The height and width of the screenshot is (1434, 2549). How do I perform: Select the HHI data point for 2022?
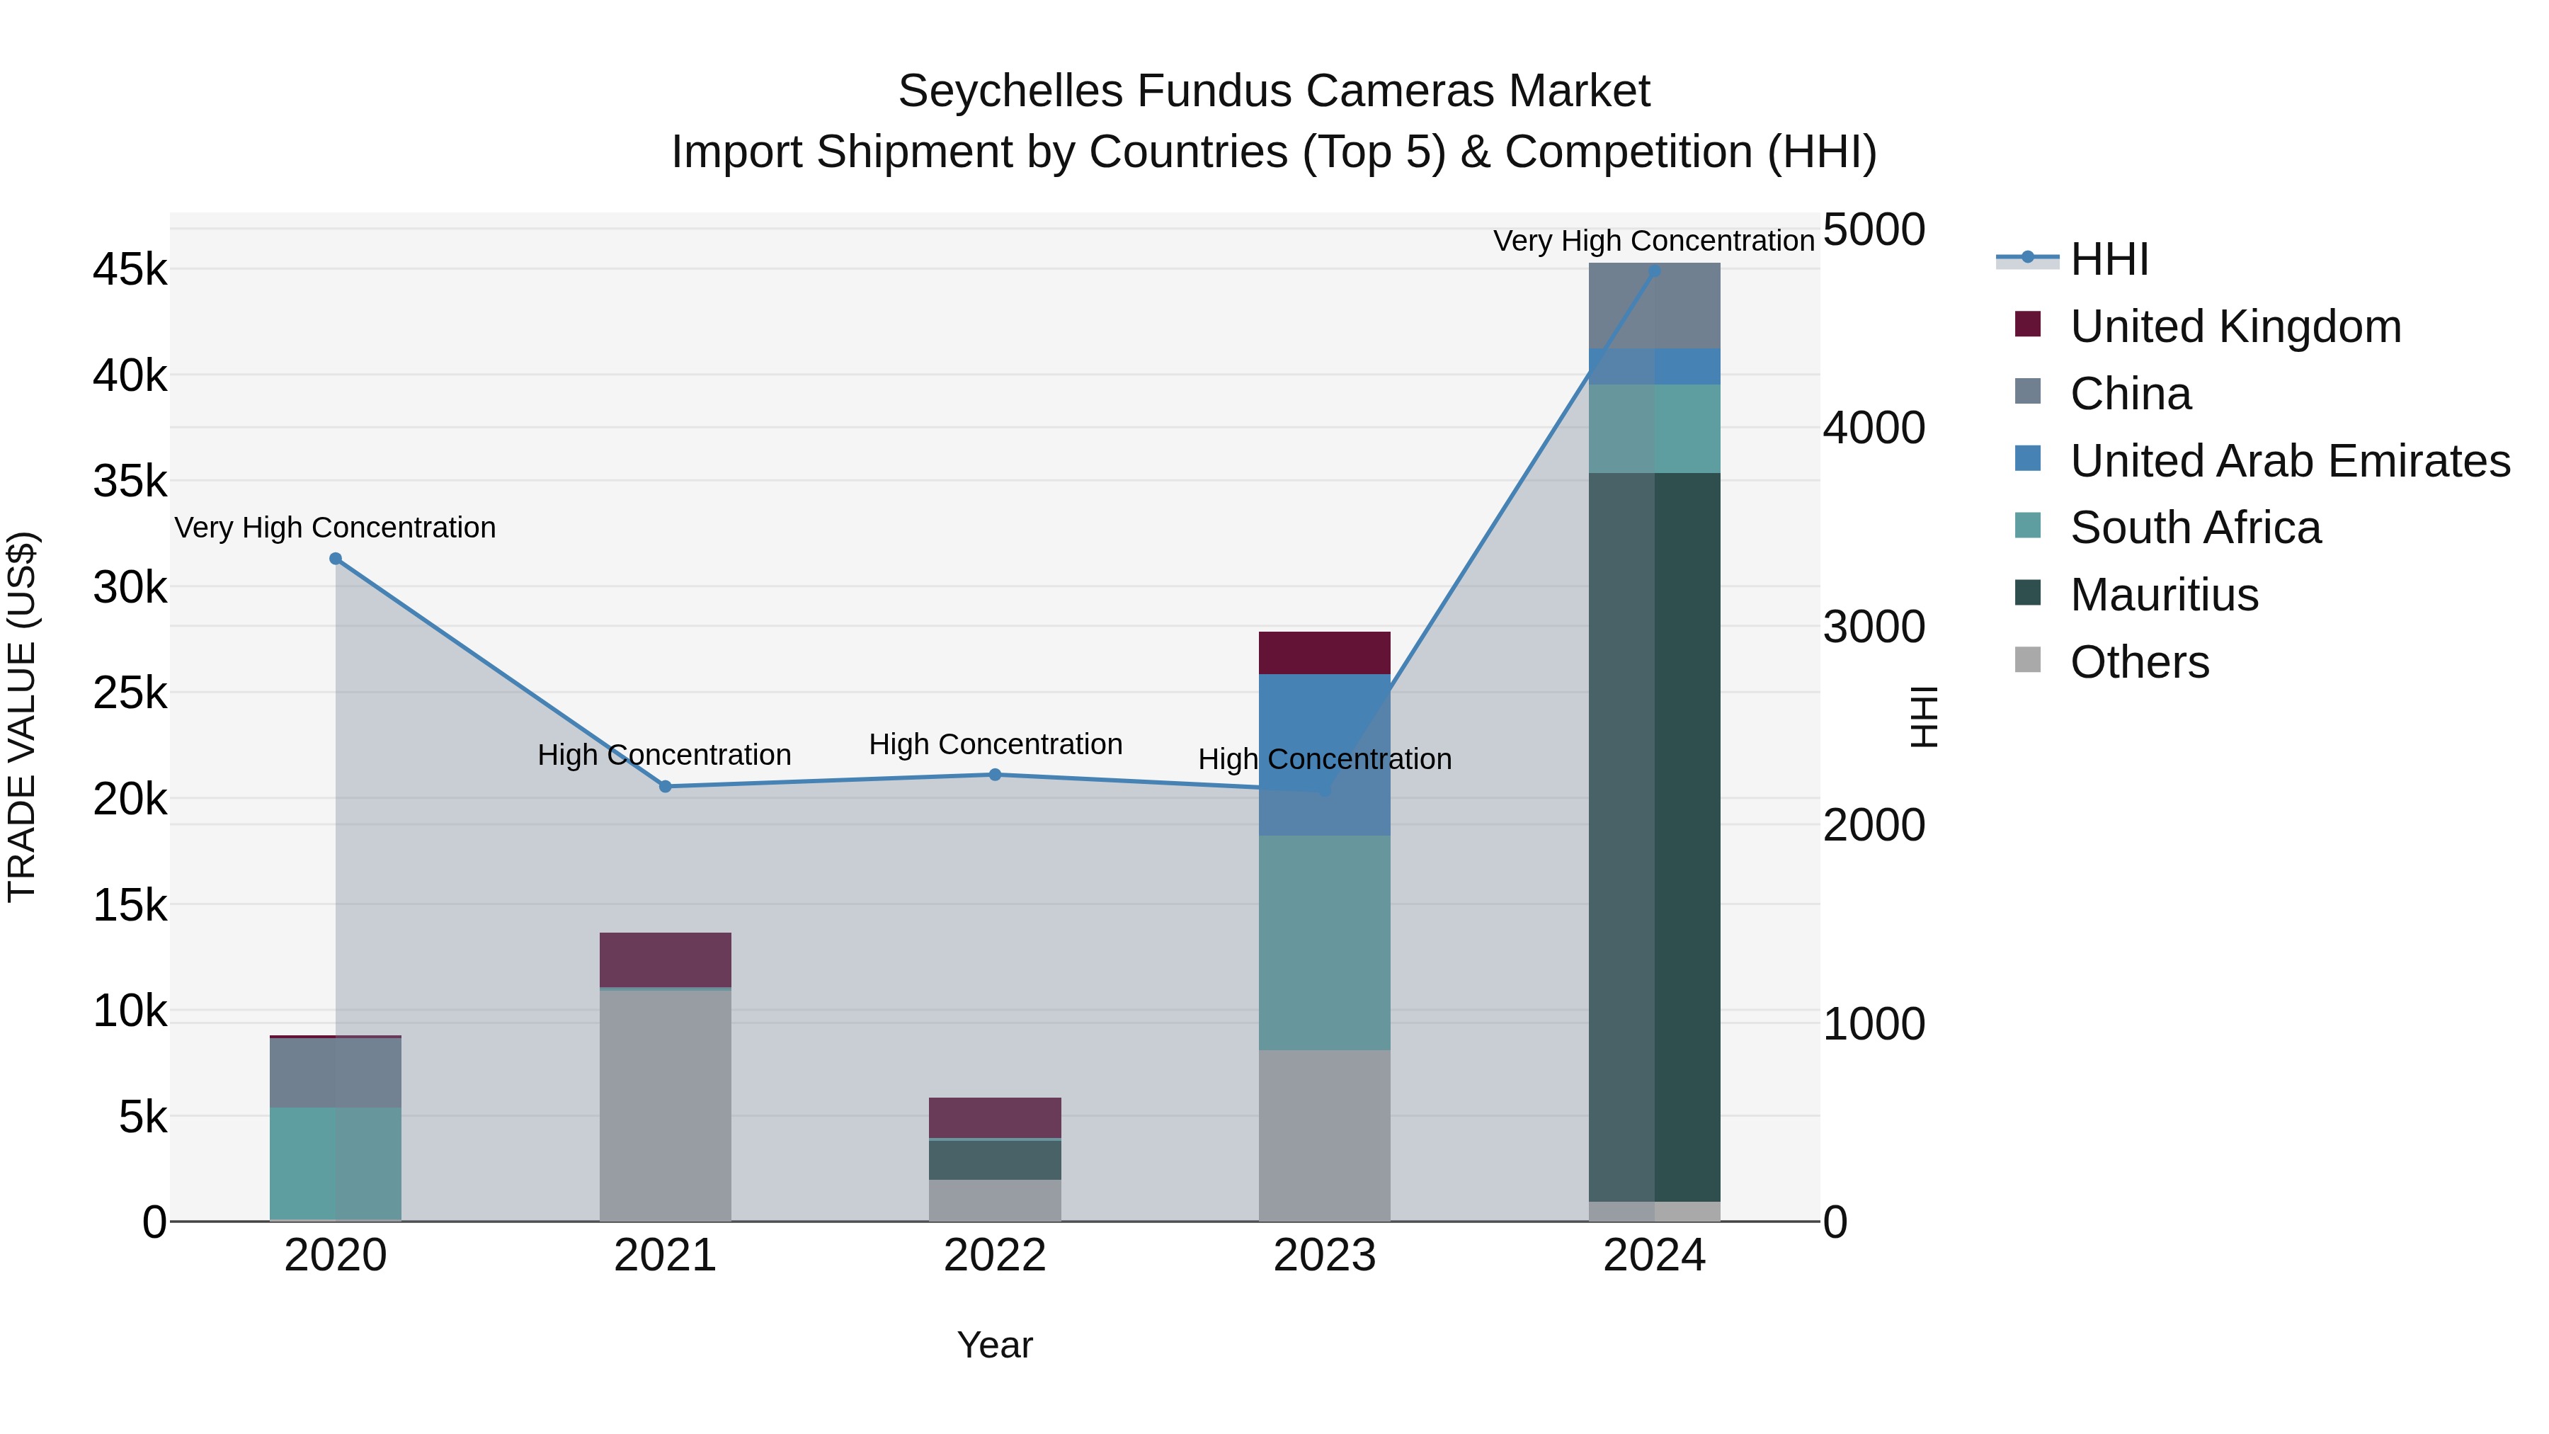[x=996, y=775]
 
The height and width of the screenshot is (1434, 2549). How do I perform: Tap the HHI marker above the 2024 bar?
[x=1655, y=271]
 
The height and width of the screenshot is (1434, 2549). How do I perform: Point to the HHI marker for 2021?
[x=665, y=787]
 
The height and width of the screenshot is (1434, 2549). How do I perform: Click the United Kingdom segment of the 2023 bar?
[x=1324, y=653]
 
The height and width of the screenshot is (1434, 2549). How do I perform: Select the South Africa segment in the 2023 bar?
[x=1324, y=942]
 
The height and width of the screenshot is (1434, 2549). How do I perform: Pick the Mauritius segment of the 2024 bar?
[x=1655, y=837]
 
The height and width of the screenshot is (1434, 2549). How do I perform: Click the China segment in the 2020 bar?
[x=336, y=1073]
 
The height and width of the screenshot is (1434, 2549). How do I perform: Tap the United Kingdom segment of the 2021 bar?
[x=665, y=959]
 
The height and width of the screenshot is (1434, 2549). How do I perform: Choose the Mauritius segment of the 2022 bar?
[x=995, y=1160]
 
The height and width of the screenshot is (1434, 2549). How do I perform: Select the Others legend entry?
[x=2138, y=662]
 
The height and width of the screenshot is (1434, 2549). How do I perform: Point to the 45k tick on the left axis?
[x=130, y=269]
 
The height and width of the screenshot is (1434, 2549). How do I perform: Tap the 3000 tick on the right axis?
[x=1873, y=627]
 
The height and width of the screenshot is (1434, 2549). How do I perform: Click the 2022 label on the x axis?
[x=995, y=1256]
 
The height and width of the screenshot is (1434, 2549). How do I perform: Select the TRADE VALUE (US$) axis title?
[x=22, y=717]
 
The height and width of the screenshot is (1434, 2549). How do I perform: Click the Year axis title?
[x=995, y=1345]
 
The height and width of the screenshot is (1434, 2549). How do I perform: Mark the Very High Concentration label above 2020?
[x=336, y=528]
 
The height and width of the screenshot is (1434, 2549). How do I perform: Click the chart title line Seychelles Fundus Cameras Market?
[x=1274, y=91]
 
